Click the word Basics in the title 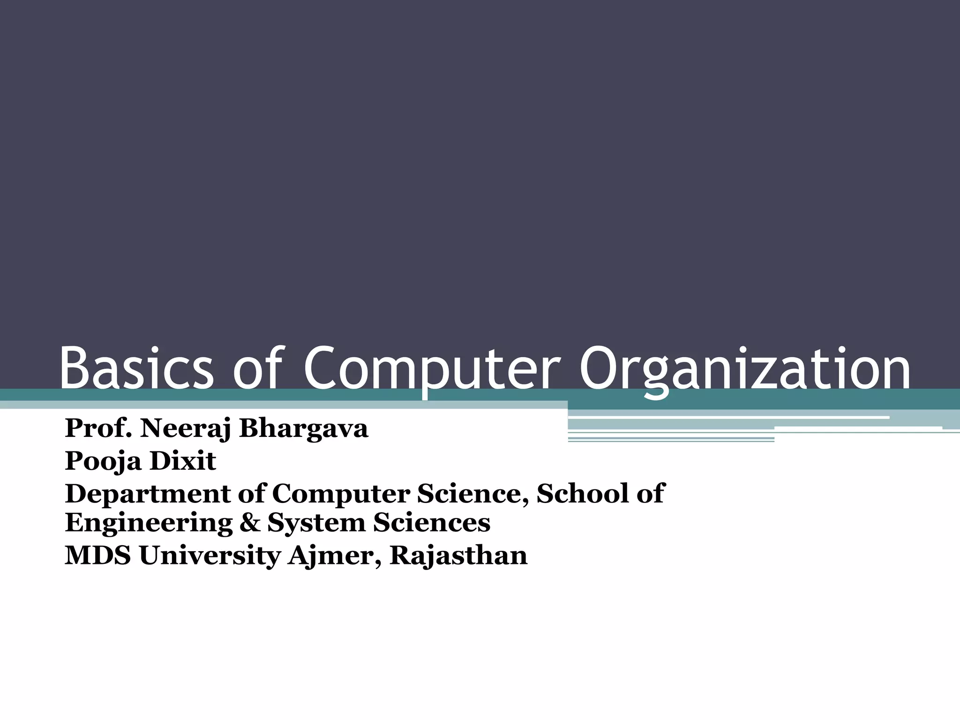click(x=136, y=368)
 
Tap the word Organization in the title click(x=745, y=368)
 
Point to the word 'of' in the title click(x=257, y=368)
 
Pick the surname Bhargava click(x=304, y=428)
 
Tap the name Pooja click(x=103, y=461)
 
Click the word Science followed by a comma click(x=473, y=494)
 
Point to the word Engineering click(x=149, y=523)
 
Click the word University click(x=209, y=556)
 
